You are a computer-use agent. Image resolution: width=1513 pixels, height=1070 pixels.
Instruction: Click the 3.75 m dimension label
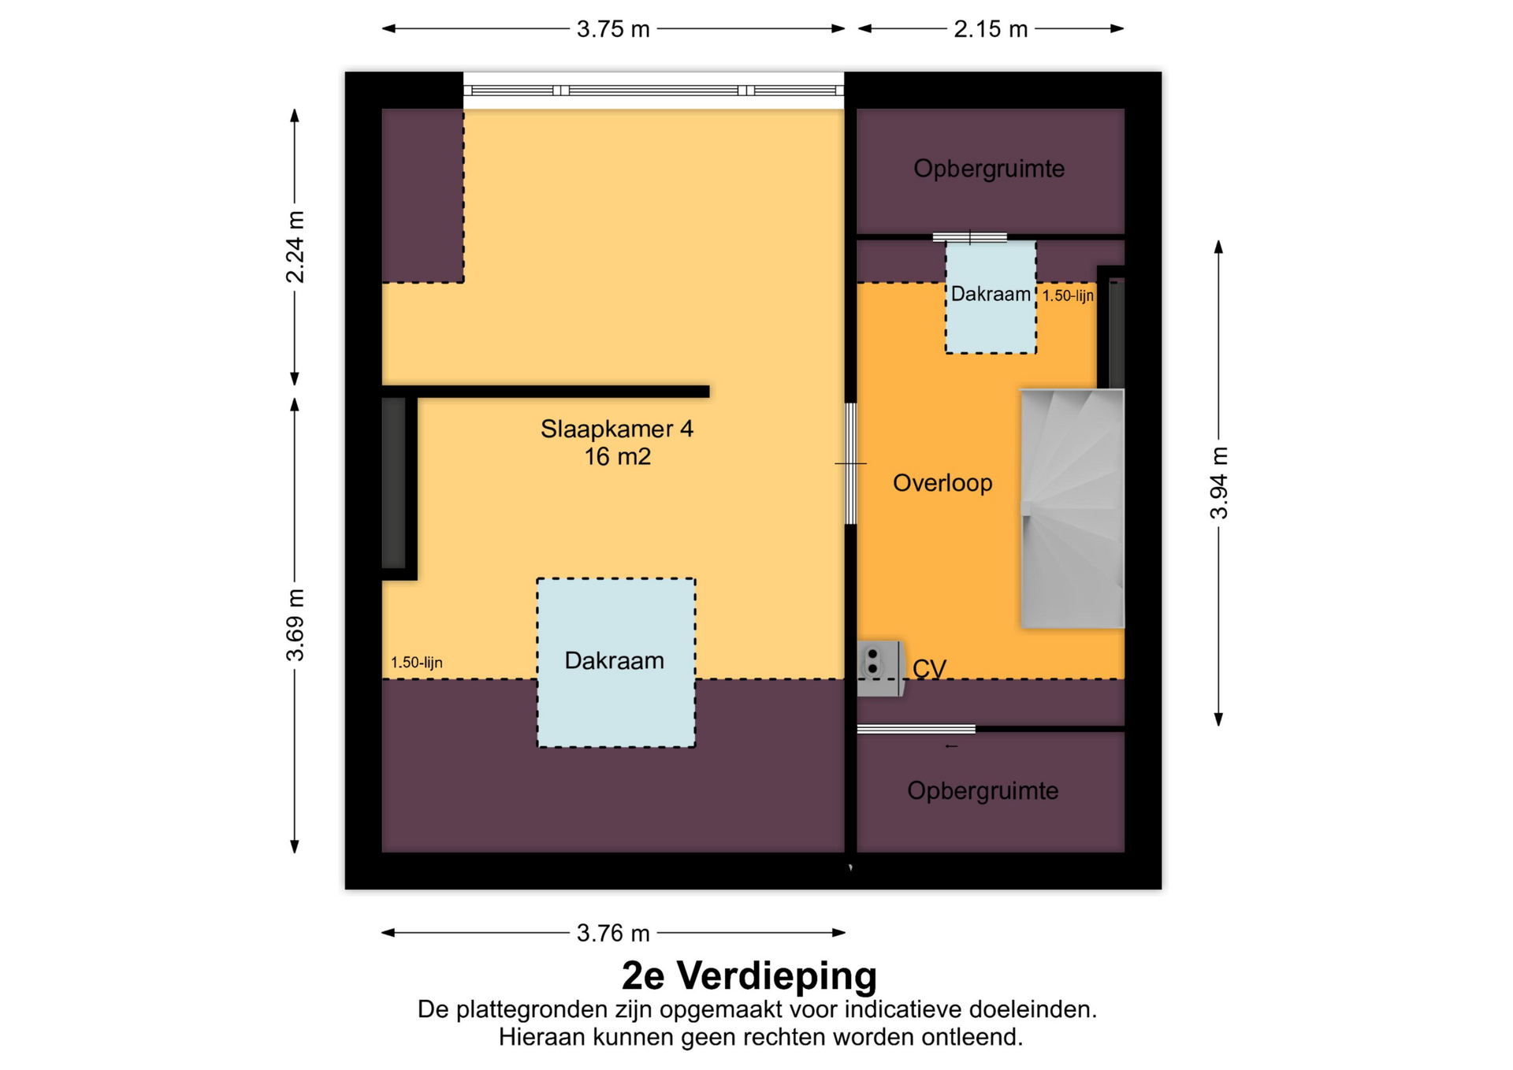[x=613, y=29]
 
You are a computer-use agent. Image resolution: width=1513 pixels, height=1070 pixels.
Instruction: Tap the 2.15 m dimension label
[x=991, y=29]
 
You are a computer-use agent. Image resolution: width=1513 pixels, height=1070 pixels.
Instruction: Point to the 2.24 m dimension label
[x=295, y=247]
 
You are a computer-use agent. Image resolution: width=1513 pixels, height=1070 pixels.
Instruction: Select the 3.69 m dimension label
[x=295, y=625]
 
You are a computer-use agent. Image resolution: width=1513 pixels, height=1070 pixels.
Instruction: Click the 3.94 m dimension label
[x=1219, y=483]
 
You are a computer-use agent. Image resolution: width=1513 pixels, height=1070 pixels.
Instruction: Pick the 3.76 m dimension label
[x=613, y=933]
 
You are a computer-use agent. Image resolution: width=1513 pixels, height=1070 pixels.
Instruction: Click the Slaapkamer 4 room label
[x=617, y=429]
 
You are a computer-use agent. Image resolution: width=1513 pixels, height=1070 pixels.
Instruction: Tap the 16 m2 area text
[x=617, y=456]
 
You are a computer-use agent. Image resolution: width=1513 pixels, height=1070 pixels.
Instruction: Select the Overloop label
[x=942, y=483]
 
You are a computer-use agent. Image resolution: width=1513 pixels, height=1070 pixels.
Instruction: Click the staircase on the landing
[x=1072, y=509]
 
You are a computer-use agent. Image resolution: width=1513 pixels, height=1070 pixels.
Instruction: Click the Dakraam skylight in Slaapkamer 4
[x=616, y=663]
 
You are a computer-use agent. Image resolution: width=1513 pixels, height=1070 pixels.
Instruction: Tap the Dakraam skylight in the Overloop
[x=991, y=297]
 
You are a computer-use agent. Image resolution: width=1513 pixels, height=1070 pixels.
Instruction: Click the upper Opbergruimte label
[x=989, y=169]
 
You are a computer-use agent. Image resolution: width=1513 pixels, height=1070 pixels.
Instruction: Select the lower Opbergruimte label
[x=983, y=791]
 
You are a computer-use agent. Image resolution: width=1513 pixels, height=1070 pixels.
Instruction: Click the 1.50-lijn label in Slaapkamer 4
[x=417, y=663]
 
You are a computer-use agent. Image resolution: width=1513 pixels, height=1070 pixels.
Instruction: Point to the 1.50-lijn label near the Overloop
[x=1068, y=296]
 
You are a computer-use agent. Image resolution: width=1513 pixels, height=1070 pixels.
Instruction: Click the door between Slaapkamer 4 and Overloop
[x=851, y=463]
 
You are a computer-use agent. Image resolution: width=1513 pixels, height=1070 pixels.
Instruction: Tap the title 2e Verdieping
[x=749, y=975]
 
